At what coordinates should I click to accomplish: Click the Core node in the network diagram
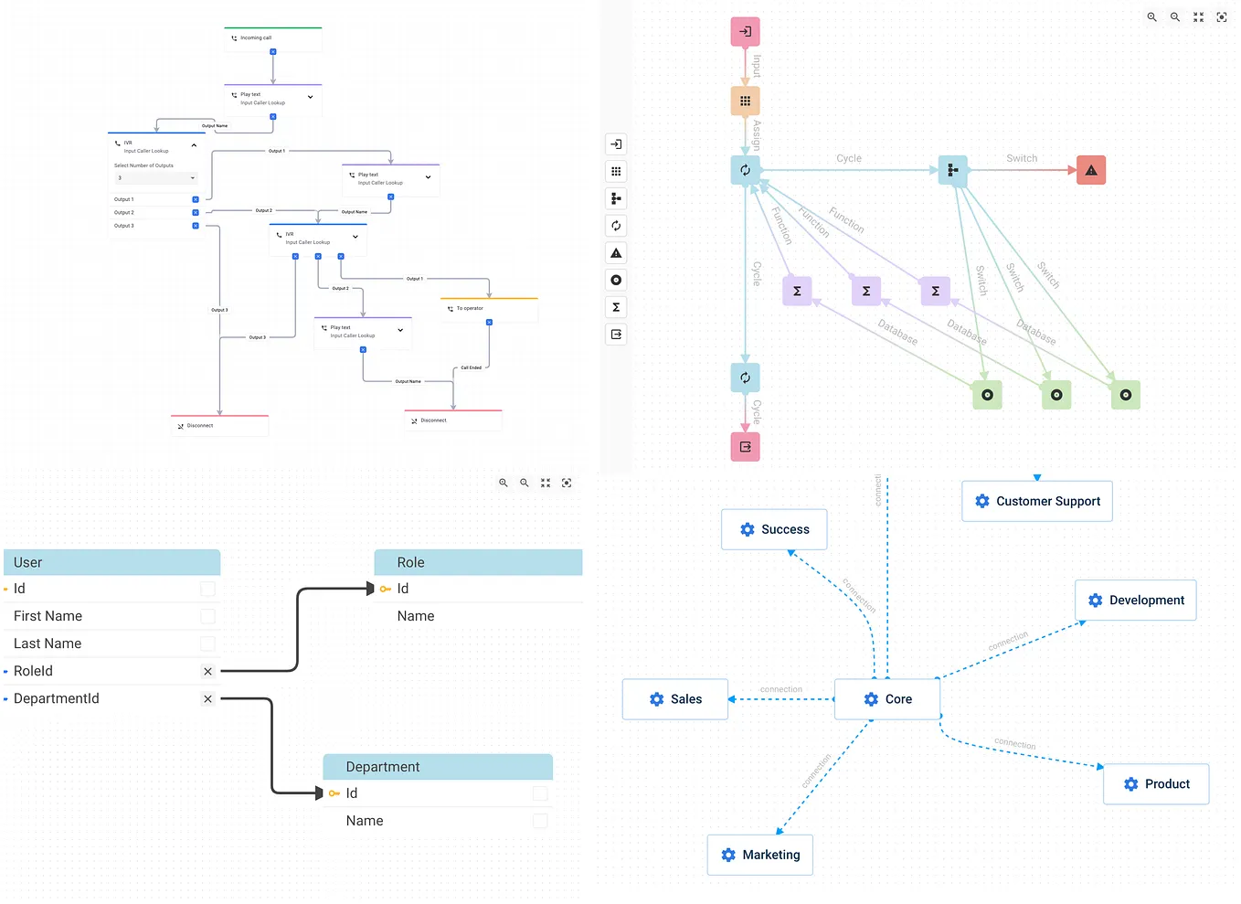click(x=887, y=699)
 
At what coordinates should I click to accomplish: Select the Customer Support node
click(x=1037, y=502)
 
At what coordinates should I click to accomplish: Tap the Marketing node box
click(x=760, y=856)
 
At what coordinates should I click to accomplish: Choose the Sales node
click(x=675, y=699)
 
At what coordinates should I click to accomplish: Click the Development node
click(x=1136, y=601)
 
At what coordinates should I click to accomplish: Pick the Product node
click(x=1156, y=784)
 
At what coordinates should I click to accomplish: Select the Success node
click(x=774, y=530)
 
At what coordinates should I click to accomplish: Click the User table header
click(x=111, y=562)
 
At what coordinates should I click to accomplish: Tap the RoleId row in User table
click(x=101, y=671)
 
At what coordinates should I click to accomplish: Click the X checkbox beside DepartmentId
click(x=208, y=699)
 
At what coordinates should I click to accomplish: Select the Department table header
click(x=438, y=767)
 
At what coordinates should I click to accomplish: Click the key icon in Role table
click(x=386, y=590)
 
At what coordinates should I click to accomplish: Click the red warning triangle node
click(x=1091, y=171)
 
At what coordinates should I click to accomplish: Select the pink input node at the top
click(x=746, y=32)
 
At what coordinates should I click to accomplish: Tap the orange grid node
click(x=746, y=101)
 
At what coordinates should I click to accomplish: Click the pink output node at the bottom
click(x=746, y=447)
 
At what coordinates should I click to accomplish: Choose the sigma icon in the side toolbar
click(x=616, y=307)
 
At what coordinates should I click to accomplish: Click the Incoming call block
click(x=273, y=38)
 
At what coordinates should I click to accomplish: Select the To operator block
click(x=489, y=309)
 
